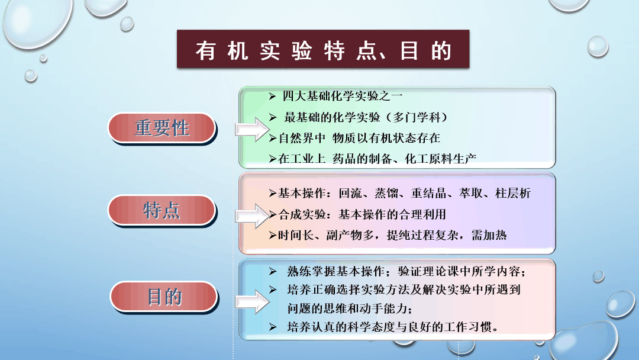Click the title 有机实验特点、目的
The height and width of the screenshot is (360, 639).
click(x=323, y=50)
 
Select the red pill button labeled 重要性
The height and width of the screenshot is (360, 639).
click(x=162, y=128)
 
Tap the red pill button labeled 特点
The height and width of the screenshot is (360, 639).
click(x=162, y=210)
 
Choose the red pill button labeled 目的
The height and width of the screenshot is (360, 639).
click(x=164, y=297)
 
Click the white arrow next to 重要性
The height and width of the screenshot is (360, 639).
click(x=252, y=130)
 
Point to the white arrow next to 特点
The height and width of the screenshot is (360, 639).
click(x=252, y=216)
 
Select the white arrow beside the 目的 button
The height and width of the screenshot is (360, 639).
click(x=252, y=302)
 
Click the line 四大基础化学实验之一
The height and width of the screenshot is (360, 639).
click(x=343, y=97)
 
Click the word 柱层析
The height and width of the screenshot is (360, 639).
click(x=513, y=193)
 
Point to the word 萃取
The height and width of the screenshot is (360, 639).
click(x=471, y=193)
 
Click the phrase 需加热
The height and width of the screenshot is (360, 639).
click(x=489, y=235)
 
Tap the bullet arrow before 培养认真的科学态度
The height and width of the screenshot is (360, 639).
click(x=273, y=327)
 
